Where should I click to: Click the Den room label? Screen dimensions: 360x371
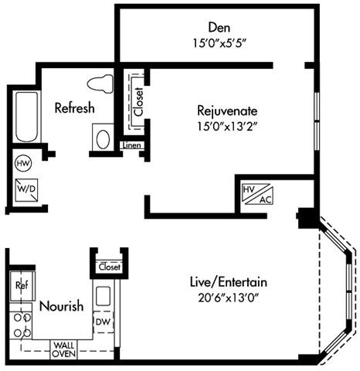pos(219,28)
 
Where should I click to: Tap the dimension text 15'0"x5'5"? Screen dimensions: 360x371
pos(219,43)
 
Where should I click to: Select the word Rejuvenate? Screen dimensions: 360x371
pos(227,111)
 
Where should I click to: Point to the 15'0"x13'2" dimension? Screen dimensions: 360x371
pos(227,127)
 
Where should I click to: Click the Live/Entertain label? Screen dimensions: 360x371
pos(229,282)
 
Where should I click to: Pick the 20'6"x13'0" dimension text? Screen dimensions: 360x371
pos(228,298)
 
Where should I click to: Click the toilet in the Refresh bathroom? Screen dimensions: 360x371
pos(100,83)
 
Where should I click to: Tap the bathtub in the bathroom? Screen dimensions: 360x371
pos(27,117)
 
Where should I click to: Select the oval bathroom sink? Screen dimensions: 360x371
pos(103,139)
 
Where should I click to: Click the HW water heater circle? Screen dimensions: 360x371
pos(23,163)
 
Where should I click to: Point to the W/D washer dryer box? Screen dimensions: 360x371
pos(26,190)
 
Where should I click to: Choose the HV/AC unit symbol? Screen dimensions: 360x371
pos(257,194)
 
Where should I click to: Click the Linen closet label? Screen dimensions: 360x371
pos(132,145)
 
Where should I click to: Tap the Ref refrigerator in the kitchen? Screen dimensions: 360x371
pos(22,286)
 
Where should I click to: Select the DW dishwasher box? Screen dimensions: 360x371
pos(104,322)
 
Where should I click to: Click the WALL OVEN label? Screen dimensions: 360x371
pos(64,349)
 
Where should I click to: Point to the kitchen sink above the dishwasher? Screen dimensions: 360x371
pos(104,296)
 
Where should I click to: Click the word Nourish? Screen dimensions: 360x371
pos(62,306)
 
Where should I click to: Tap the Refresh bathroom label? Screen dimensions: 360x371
pos(75,107)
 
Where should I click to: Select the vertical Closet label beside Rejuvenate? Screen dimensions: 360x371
pos(138,102)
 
